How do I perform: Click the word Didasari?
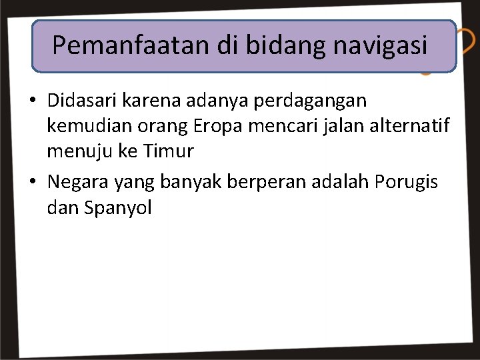82,101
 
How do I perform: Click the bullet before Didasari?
32,101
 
